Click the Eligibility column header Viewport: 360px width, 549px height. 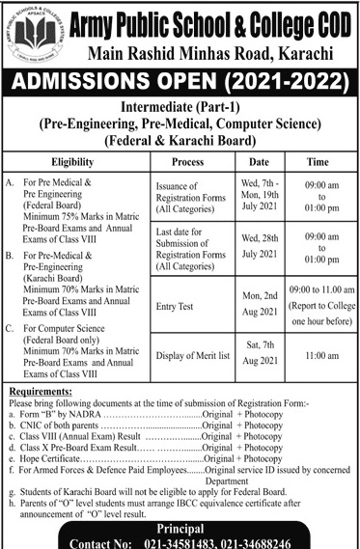[77, 163]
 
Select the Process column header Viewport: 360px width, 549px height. [185, 163]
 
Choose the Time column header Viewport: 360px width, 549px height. [318, 163]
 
